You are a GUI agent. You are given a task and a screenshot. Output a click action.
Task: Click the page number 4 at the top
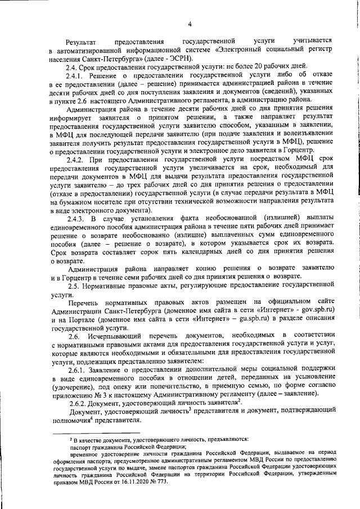click(190, 24)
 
